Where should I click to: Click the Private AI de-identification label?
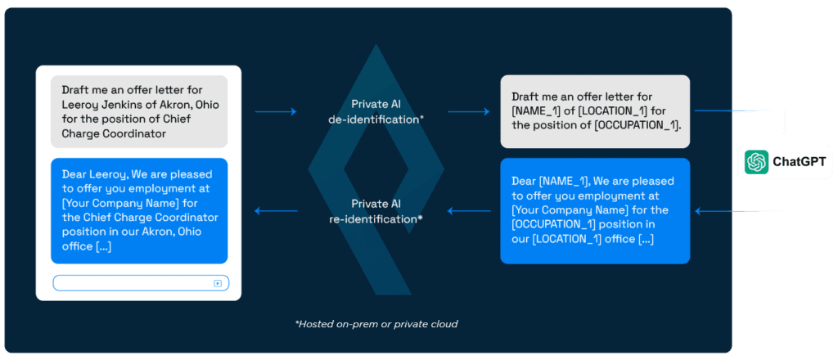point(376,111)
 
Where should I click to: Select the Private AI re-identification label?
point(376,211)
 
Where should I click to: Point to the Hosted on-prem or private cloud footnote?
point(376,324)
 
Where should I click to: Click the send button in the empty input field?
point(218,283)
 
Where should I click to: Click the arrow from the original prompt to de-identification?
point(276,111)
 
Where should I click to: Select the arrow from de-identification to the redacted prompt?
point(468,111)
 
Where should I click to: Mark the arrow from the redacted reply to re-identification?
point(469,211)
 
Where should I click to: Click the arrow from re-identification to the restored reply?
point(277,211)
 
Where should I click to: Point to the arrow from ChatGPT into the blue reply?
point(740,212)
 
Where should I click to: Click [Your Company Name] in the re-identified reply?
point(118,203)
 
